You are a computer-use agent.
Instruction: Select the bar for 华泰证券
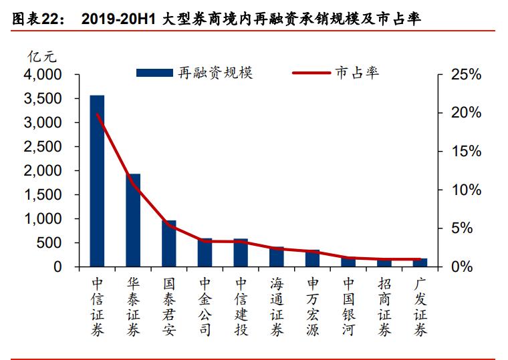click(x=133, y=220)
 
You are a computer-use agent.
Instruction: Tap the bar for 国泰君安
click(x=169, y=244)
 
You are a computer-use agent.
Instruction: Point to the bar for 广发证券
click(x=420, y=262)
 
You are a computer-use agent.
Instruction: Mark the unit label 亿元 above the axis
click(x=39, y=56)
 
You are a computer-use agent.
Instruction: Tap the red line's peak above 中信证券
click(x=98, y=114)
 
